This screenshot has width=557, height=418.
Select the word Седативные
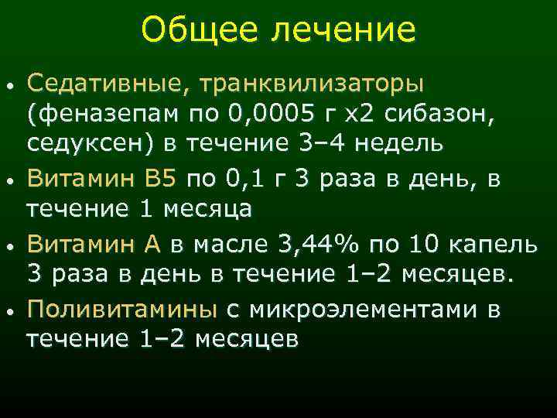pyautogui.click(x=104, y=81)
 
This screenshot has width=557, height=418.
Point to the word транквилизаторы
pyautogui.click(x=309, y=81)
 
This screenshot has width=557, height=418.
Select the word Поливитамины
pyautogui.click(x=122, y=310)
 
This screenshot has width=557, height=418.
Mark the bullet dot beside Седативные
pyautogui.click(x=9, y=83)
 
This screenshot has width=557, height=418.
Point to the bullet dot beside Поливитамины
pyautogui.click(x=9, y=311)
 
